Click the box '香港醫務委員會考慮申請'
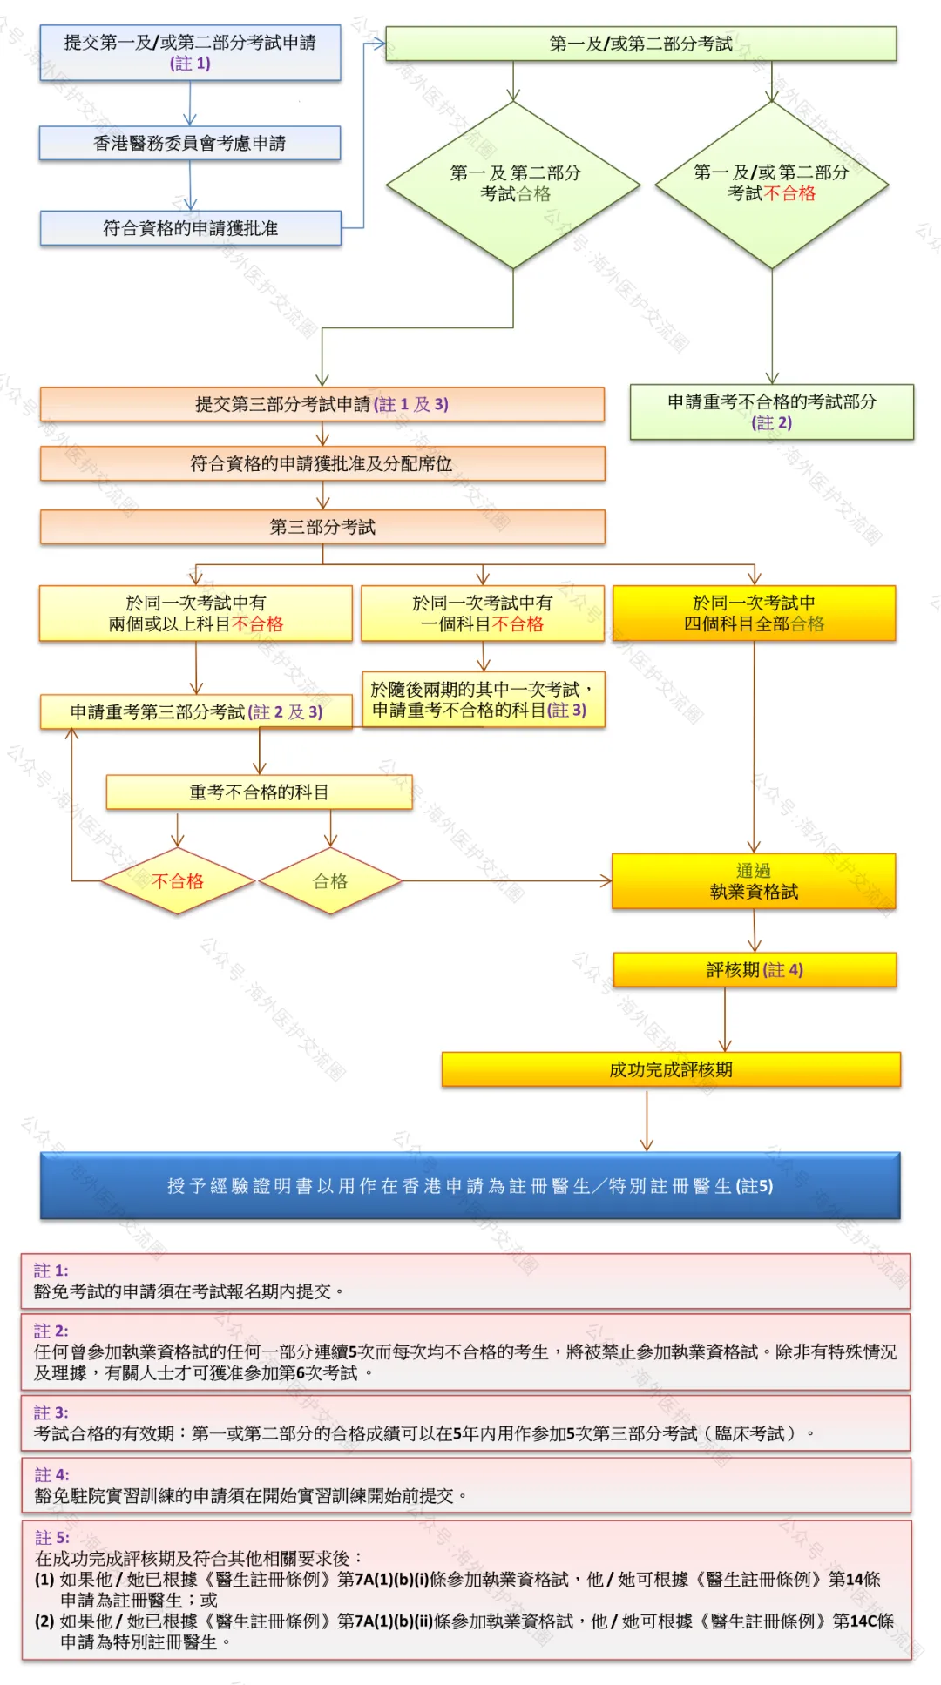point(189,143)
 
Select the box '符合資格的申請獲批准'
point(189,228)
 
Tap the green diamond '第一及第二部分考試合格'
point(514,184)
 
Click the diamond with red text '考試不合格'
point(771,184)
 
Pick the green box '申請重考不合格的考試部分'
point(771,412)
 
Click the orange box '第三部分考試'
point(322,527)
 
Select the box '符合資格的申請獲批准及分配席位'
point(322,464)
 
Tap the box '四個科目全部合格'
point(754,613)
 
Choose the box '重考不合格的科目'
point(259,792)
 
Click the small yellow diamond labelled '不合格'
point(178,881)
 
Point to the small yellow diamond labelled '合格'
point(330,881)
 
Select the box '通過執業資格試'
point(754,881)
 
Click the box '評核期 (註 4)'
point(755,970)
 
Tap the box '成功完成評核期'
point(671,1069)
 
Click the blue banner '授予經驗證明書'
point(470,1186)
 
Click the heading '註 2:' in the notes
point(51,1331)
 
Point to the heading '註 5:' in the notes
point(51,1537)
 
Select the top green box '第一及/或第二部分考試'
point(640,44)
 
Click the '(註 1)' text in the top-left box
point(190,64)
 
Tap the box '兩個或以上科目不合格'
point(195,613)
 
